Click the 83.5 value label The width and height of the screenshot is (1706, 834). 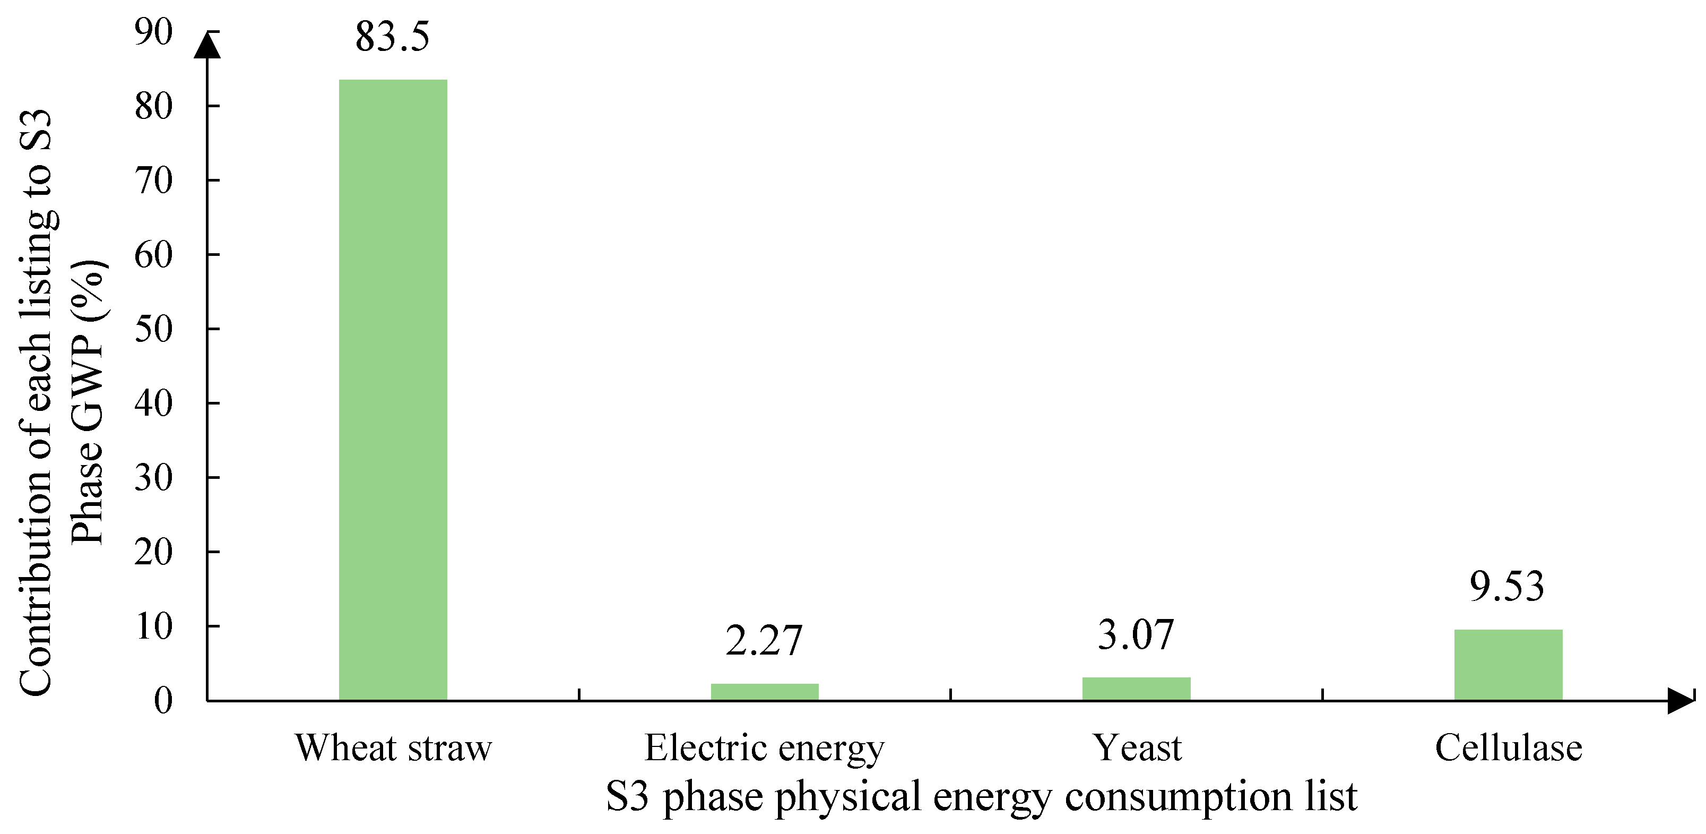(392, 37)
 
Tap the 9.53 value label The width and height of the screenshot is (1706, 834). (1508, 587)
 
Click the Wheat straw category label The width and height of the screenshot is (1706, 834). (393, 749)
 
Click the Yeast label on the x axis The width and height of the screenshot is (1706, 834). (1137, 749)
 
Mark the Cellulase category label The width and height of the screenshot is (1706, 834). (1509, 749)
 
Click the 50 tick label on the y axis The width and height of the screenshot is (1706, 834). (154, 329)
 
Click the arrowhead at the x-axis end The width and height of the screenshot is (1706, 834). (1679, 701)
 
